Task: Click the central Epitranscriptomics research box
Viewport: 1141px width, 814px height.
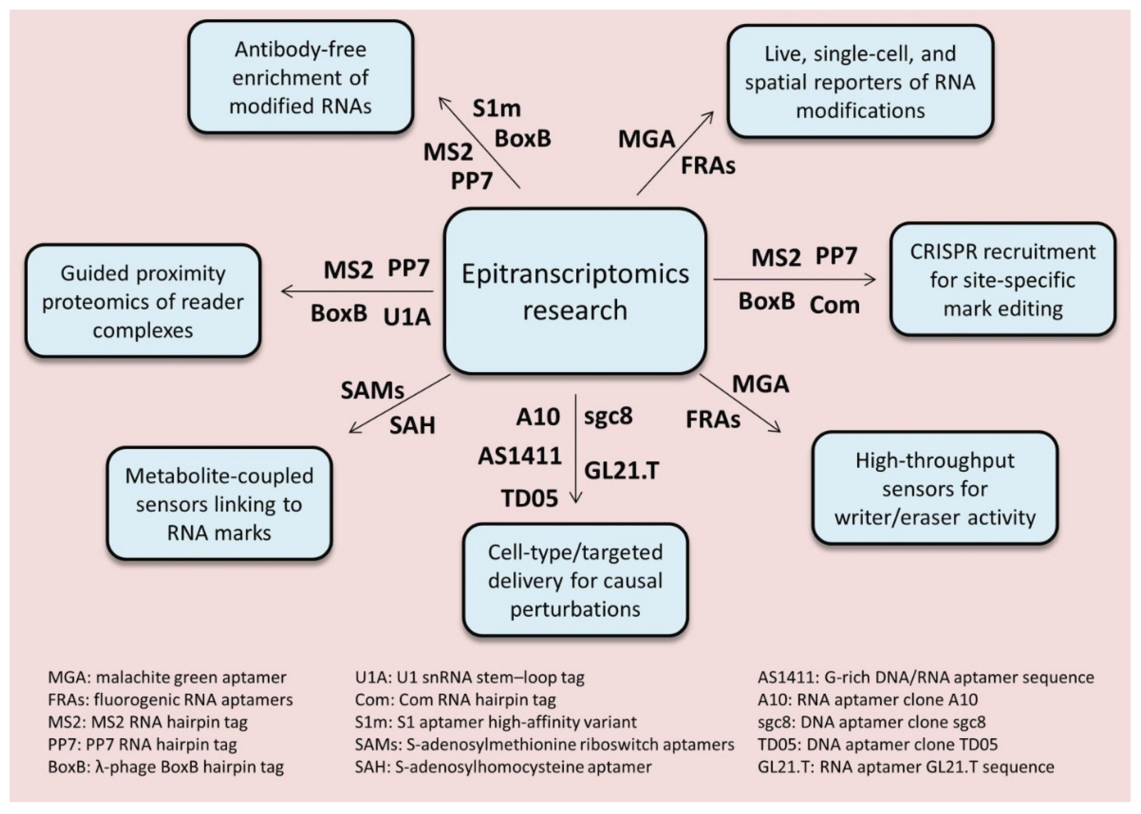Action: coord(575,291)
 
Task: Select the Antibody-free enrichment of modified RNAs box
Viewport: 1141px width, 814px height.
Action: coord(301,77)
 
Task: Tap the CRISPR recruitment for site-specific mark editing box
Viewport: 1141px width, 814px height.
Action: coord(1002,280)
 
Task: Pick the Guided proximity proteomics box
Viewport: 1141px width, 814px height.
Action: coord(143,301)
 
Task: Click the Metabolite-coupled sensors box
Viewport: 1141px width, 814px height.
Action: coord(219,504)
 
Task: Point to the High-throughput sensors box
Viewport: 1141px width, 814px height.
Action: coord(935,488)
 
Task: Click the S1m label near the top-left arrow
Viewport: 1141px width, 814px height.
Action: coord(496,108)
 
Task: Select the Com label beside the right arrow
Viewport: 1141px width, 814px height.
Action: coord(834,305)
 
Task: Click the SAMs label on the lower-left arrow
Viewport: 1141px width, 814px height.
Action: coord(372,390)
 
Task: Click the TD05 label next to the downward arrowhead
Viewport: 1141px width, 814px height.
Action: coord(530,498)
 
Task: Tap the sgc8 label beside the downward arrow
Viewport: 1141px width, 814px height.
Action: coord(608,416)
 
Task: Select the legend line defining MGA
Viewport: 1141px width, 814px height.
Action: coord(167,677)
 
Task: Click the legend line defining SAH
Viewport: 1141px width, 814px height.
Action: coord(503,766)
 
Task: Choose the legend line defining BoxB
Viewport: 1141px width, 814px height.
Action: coord(166,766)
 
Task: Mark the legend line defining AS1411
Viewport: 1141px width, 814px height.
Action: coord(926,677)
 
